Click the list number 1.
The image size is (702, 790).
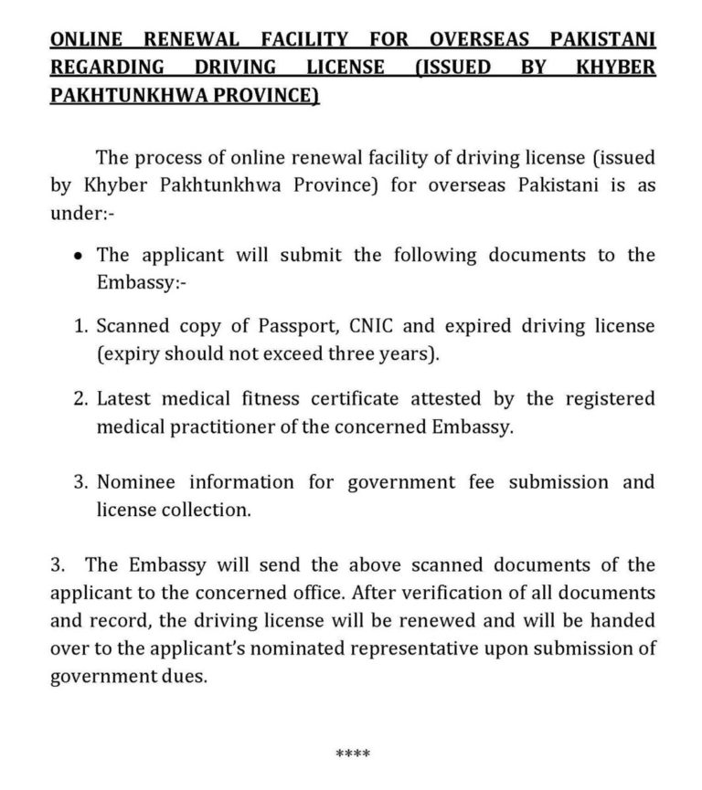79,327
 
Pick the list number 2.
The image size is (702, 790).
80,399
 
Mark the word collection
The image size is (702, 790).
208,509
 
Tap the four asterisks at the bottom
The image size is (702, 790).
352,753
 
